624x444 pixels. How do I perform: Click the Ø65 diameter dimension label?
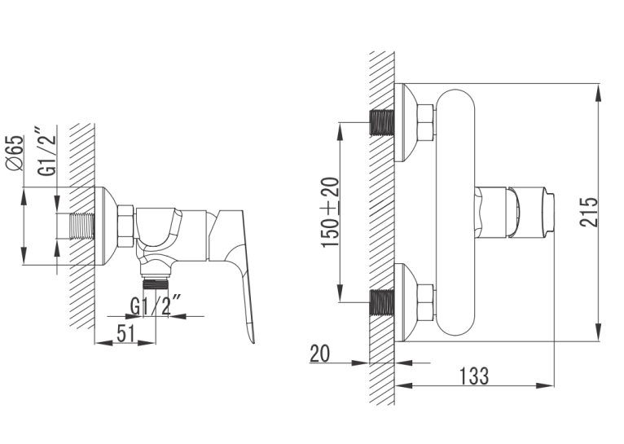coord(15,153)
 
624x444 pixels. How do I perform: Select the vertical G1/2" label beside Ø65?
coord(46,152)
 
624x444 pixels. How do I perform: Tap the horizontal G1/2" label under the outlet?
coord(156,306)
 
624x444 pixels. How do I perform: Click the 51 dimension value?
coord(125,333)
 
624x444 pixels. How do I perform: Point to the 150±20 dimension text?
coord(330,213)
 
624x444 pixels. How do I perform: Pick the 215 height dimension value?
coord(588,212)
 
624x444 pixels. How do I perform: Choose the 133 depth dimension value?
coord(473,376)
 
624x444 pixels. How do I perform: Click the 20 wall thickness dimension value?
coord(319,354)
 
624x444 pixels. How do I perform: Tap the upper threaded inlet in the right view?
coord(382,122)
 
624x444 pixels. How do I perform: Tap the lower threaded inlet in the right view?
coord(382,303)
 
